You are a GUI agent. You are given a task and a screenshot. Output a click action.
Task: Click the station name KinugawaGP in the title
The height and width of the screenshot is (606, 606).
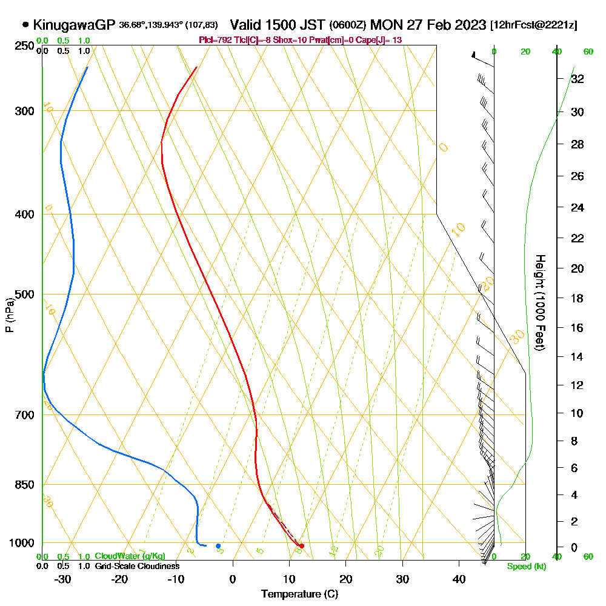[x=74, y=25]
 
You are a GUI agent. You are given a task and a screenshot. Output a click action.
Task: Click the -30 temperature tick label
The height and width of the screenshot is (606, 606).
[x=62, y=579]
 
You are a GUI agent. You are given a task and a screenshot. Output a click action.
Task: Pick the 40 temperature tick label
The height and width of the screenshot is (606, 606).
[x=459, y=579]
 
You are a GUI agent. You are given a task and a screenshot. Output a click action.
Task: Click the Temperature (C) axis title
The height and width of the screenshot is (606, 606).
[x=299, y=594]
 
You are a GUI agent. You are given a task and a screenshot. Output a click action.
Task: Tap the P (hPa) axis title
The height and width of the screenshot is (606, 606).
[x=9, y=315]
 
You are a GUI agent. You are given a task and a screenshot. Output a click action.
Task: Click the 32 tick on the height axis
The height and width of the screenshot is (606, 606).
[x=577, y=79]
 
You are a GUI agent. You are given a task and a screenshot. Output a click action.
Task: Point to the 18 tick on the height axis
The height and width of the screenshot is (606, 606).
[x=577, y=298]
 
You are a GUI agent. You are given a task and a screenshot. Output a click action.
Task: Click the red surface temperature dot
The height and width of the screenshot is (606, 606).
[x=302, y=546]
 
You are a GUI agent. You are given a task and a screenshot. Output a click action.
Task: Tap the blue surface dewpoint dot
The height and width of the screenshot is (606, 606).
[x=218, y=546]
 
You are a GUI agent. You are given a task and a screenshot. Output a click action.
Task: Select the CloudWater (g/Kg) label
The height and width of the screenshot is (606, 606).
[x=130, y=556]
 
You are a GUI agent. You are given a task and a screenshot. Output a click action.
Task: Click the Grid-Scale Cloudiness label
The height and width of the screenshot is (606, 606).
[x=137, y=566]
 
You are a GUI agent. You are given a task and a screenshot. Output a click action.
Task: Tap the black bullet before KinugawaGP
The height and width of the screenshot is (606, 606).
[x=25, y=25]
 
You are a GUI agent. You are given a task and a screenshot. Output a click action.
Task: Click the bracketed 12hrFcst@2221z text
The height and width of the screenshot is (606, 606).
[x=535, y=25]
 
